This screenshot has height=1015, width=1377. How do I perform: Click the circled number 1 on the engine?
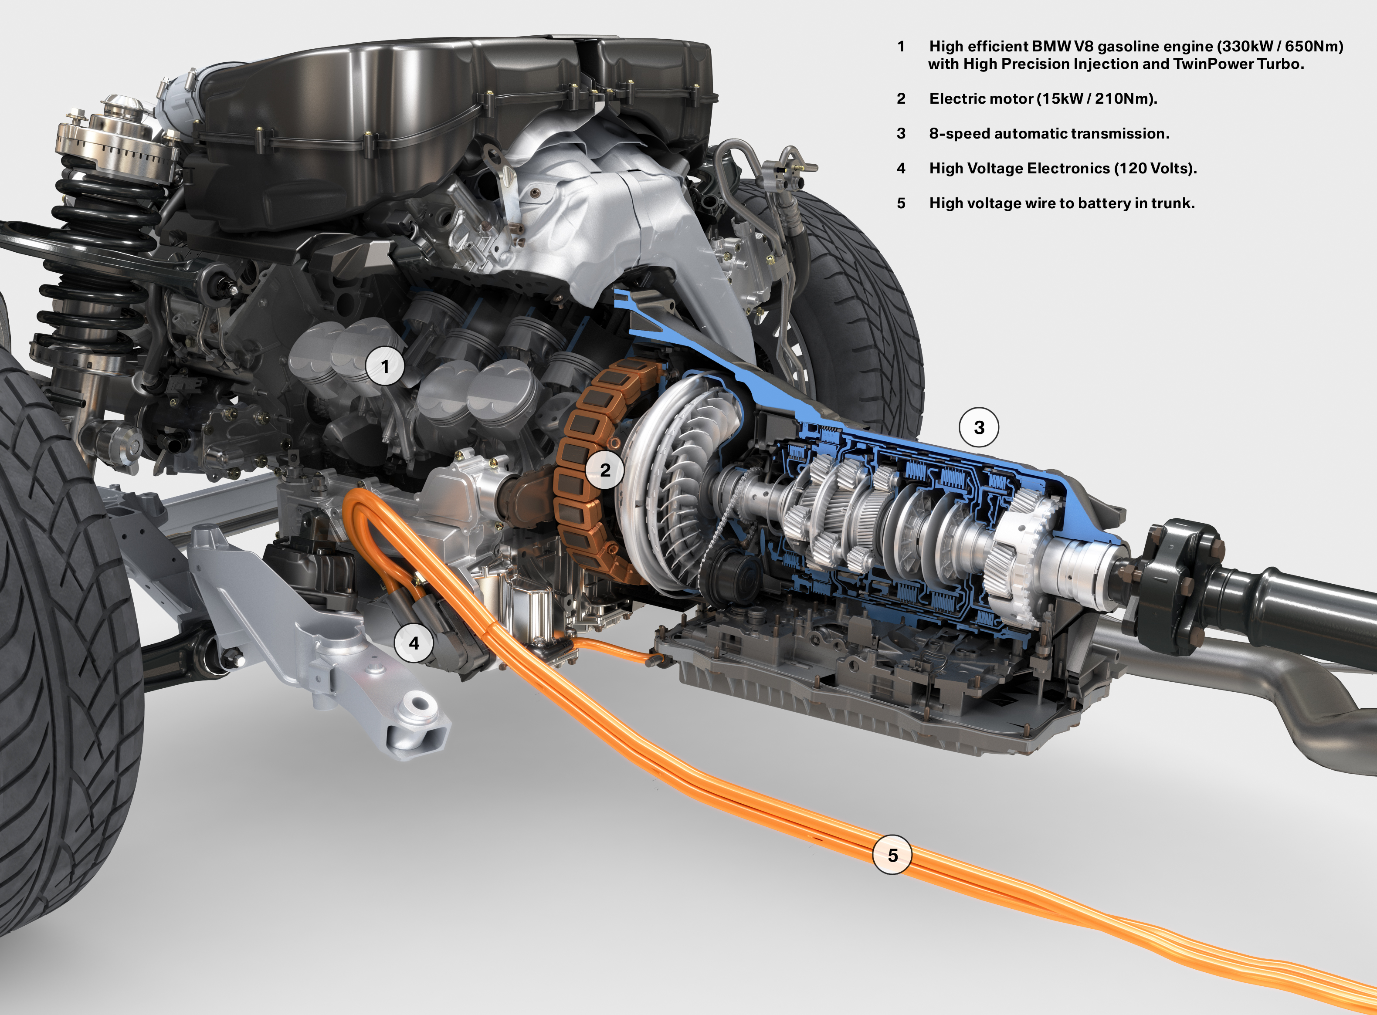(x=385, y=367)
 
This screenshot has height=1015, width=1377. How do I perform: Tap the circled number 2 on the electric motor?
(x=605, y=470)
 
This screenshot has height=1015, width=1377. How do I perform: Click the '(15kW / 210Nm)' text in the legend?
(x=1097, y=99)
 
